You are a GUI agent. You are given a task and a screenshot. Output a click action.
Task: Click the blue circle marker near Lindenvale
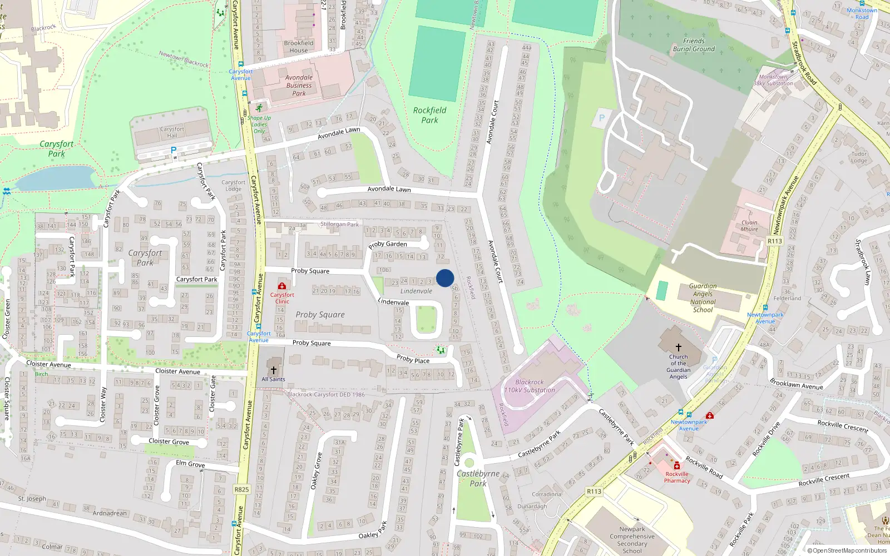(445, 278)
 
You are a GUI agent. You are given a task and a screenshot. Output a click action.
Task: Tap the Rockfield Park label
(429, 115)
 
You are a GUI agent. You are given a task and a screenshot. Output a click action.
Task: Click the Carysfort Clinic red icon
(282, 286)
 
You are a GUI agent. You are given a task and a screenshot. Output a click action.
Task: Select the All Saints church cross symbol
(273, 370)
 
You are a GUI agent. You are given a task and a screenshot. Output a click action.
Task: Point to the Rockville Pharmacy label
(677, 478)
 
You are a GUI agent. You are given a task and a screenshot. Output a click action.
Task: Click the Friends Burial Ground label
(694, 45)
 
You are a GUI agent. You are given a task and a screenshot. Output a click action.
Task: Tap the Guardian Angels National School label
(703, 298)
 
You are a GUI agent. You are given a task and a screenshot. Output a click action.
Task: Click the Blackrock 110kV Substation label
(530, 386)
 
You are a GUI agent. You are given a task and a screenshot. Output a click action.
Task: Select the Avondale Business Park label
(299, 86)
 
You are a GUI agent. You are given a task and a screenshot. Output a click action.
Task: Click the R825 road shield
(241, 489)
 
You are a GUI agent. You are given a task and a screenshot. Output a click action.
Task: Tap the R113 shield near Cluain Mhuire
(774, 241)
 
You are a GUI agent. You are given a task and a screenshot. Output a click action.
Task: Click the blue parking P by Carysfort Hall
(174, 150)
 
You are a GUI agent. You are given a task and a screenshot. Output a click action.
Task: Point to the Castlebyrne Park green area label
(478, 478)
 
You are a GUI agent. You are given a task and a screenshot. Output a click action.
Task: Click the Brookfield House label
(299, 47)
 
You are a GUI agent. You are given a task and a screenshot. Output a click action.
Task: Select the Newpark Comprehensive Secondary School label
(632, 540)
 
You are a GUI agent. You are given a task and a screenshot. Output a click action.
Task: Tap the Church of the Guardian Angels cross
(678, 347)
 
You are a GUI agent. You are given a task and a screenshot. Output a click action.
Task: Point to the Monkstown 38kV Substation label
(773, 80)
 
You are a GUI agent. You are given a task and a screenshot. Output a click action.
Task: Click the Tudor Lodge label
(859, 157)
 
